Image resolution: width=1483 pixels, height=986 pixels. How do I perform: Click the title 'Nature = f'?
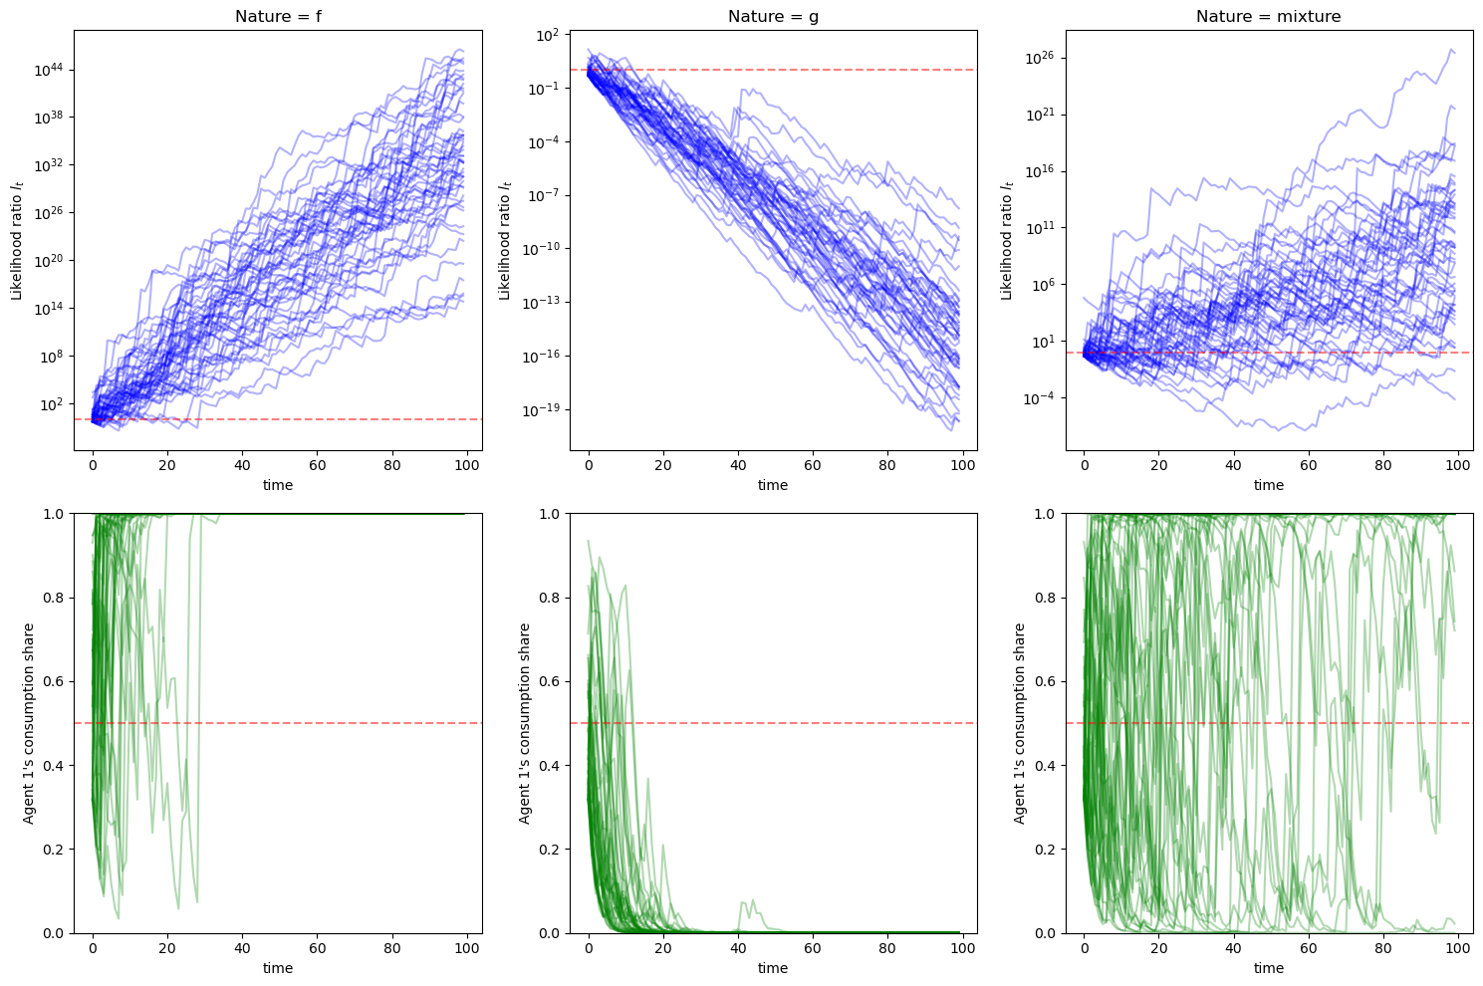(278, 16)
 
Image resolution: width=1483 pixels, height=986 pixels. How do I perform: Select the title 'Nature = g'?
(773, 16)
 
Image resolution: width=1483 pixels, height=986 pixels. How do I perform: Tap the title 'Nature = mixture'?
(1268, 16)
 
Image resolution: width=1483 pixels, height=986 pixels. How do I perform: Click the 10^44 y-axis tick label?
(50, 70)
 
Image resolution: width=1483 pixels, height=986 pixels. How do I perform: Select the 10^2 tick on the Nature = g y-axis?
(550, 35)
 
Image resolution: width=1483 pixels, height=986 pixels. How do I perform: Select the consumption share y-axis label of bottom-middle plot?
(524, 723)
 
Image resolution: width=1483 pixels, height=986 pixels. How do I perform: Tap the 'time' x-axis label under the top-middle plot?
(773, 485)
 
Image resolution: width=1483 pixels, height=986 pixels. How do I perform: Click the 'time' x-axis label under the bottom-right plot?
(1268, 968)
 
